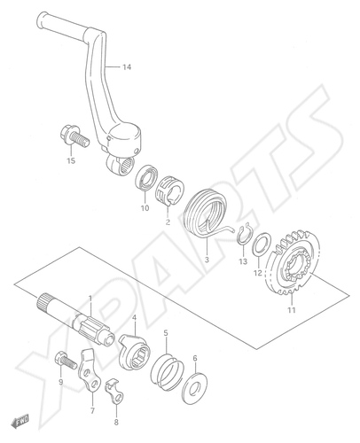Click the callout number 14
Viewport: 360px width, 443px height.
coord(127,67)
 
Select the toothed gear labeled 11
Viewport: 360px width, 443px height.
coord(293,262)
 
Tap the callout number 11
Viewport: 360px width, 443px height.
coord(292,310)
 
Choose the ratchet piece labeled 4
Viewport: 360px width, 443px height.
coord(135,351)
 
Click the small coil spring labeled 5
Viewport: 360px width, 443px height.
coord(168,371)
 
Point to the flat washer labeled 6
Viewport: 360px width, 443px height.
coord(195,388)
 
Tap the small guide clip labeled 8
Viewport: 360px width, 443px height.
coord(115,391)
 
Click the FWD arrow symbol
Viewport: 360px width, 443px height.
coord(20,420)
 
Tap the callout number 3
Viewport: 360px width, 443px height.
coord(207,260)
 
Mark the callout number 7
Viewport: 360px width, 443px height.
coord(92,410)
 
